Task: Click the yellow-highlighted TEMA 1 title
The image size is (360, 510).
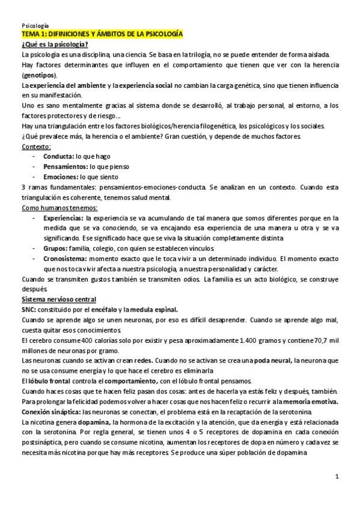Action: click(x=102, y=36)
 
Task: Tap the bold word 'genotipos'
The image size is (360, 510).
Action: click(x=38, y=75)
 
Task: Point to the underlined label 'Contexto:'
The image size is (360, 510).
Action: click(x=36, y=146)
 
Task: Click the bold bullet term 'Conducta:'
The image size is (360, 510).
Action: click(x=59, y=156)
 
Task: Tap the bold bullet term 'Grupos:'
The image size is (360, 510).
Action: click(x=56, y=248)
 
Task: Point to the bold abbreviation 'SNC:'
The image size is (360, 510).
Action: click(x=29, y=309)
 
